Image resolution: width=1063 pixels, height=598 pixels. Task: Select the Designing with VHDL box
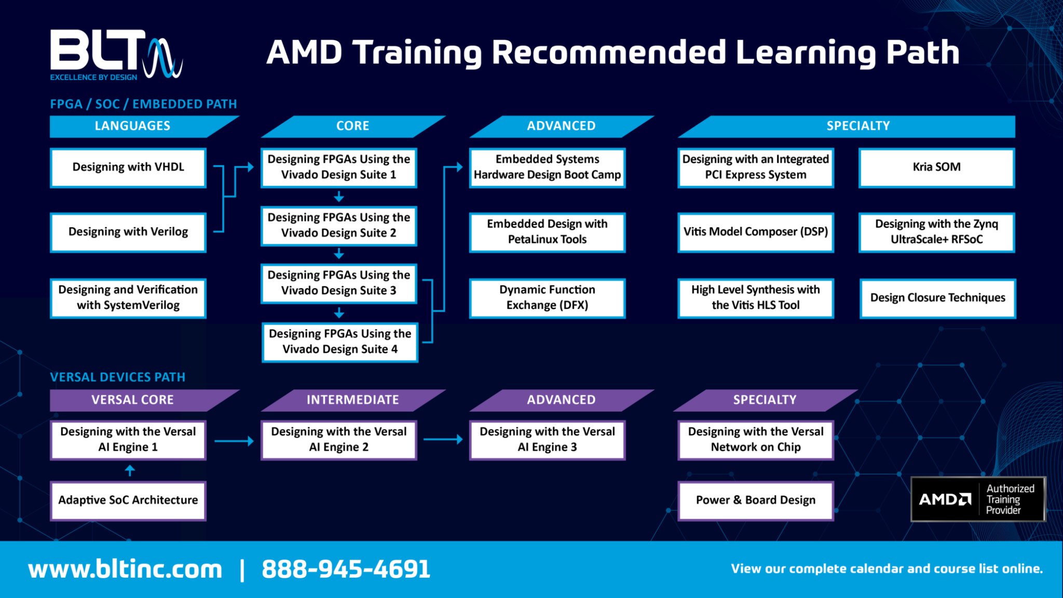click(128, 167)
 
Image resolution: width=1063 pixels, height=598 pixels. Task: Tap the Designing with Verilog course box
click(128, 232)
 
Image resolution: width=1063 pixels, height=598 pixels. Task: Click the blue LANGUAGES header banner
click(133, 126)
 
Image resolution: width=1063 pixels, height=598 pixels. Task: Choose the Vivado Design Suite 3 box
click(339, 283)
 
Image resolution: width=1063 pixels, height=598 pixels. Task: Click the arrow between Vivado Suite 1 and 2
click(339, 197)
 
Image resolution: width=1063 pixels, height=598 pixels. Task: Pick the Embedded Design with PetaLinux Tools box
click(547, 232)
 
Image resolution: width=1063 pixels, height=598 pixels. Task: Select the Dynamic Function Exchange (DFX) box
click(547, 297)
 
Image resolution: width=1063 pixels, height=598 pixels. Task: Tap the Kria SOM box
click(936, 167)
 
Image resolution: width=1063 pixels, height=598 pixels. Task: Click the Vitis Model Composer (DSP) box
click(755, 232)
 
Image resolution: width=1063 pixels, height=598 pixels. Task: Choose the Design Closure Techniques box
click(937, 298)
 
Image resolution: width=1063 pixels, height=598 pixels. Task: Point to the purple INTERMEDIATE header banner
click(353, 400)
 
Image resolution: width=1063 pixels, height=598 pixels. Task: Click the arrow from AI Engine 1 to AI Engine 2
click(234, 441)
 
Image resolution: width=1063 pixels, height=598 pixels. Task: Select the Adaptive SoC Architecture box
click(128, 500)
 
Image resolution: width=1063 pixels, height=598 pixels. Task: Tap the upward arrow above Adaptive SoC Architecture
click(130, 470)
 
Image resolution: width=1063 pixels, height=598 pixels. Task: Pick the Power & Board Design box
click(755, 500)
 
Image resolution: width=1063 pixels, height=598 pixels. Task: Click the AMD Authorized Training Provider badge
click(978, 499)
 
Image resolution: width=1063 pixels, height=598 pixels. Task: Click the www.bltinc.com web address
click(125, 569)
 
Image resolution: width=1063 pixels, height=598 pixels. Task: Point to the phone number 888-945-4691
click(346, 569)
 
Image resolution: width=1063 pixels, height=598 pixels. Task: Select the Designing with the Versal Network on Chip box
click(755, 440)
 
